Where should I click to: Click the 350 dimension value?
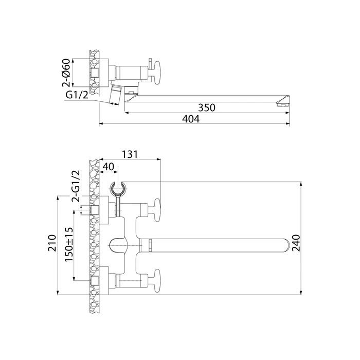click(206, 108)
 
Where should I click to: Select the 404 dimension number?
click(191, 118)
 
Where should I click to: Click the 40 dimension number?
click(109, 167)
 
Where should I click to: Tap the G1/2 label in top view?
click(75, 96)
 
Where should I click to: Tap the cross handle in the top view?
click(155, 69)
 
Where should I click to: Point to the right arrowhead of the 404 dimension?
click(289, 124)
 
